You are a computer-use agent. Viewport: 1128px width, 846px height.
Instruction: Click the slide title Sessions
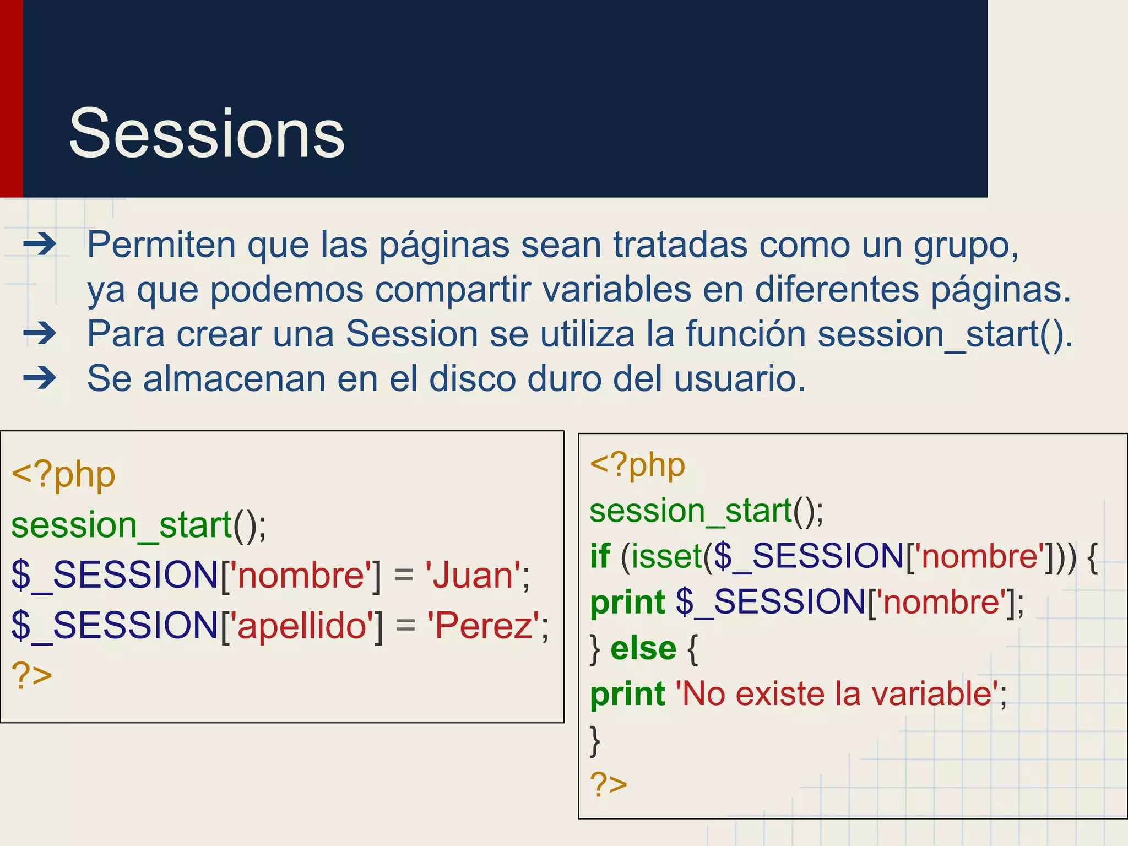pos(207,134)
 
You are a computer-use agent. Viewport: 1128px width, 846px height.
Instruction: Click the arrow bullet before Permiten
pos(40,244)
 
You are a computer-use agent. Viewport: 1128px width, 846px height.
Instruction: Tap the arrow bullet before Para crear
pos(40,333)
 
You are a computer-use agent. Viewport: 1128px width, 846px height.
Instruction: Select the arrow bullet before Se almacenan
pos(40,378)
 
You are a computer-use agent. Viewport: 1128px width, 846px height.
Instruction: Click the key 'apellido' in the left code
pos(301,626)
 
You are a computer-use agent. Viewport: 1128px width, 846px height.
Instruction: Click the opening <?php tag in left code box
pos(63,475)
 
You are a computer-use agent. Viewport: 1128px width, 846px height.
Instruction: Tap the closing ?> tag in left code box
pos(32,675)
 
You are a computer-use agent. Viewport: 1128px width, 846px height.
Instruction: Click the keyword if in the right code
pos(600,556)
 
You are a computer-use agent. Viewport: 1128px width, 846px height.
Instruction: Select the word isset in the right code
pos(666,556)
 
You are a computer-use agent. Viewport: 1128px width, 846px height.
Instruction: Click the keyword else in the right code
pos(643,648)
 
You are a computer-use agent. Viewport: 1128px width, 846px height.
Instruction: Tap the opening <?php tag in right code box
pos(637,465)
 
